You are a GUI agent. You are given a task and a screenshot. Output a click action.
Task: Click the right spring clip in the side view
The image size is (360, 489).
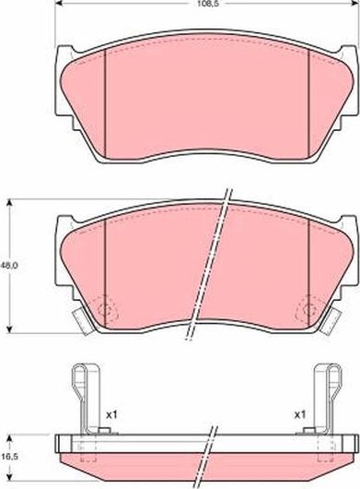[x=328, y=397]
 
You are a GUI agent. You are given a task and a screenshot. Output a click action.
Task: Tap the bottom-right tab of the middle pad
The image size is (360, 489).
[x=330, y=320]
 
